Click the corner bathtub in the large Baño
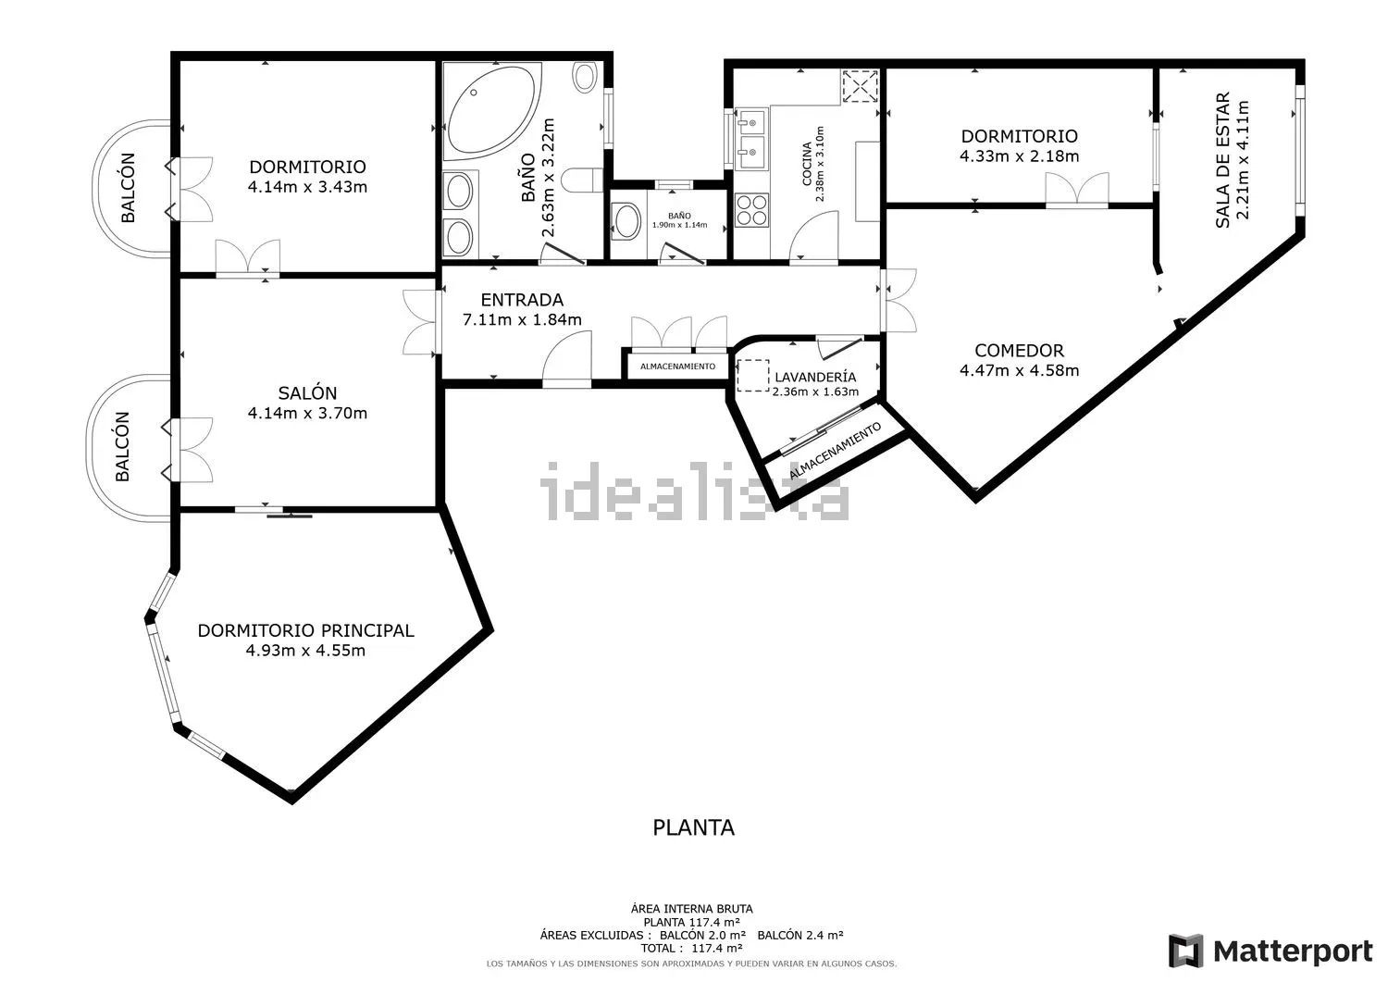point(492,112)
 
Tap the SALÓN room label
point(307,393)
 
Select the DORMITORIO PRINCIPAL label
point(305,630)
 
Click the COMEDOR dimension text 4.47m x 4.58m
point(1020,371)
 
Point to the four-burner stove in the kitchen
point(751,209)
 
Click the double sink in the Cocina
point(752,138)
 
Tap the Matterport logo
point(1270,951)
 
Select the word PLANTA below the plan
point(693,827)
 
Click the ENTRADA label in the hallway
point(522,300)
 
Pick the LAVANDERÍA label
point(815,377)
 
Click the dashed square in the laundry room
point(753,376)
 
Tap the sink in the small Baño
point(626,222)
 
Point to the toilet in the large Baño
point(582,180)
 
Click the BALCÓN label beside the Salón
point(123,446)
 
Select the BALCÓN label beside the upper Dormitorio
point(128,188)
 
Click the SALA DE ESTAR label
point(1222,160)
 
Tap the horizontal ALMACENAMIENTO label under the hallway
point(677,367)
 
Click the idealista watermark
point(695,491)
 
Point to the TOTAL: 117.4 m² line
point(691,949)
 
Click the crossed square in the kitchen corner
point(861,86)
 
